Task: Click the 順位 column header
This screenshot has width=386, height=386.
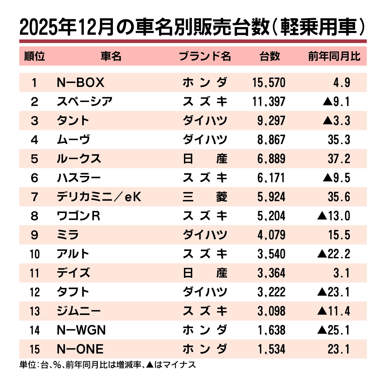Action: click(34, 56)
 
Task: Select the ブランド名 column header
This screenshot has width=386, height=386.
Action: click(205, 56)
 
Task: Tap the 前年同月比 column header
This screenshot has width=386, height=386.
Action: click(334, 56)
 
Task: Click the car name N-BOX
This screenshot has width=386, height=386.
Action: click(80, 83)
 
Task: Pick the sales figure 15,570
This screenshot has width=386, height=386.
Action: click(269, 83)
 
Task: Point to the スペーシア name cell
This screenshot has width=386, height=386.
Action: click(85, 102)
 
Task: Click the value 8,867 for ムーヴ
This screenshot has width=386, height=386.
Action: click(271, 140)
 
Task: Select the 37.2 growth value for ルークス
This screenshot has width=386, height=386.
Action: click(339, 159)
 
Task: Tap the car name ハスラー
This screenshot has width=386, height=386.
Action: click(79, 178)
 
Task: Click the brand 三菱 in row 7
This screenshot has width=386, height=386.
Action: click(205, 197)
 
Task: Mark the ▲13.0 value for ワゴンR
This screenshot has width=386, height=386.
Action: click(334, 216)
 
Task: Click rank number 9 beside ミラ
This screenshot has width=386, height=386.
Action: click(34, 235)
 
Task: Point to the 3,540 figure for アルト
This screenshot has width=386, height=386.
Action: click(271, 254)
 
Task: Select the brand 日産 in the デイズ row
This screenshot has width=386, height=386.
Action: click(205, 273)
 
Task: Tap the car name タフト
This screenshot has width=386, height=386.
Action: click(73, 292)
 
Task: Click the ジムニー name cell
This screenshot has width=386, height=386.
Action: click(79, 311)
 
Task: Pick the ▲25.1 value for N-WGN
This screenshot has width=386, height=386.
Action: click(334, 330)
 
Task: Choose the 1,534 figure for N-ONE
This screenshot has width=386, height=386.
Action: click(271, 349)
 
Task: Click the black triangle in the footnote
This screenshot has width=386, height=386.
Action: click(150, 364)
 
